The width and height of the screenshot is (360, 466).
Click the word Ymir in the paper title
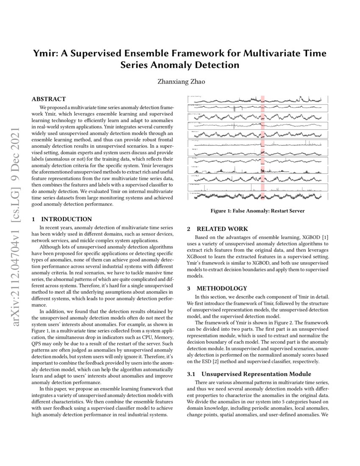coord(45,54)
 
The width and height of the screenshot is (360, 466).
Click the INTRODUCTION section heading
coord(66,219)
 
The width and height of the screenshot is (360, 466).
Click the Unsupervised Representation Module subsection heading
coord(256,374)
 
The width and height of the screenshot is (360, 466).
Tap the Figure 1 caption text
coord(257,211)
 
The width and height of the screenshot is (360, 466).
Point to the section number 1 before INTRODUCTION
coord(33,219)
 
